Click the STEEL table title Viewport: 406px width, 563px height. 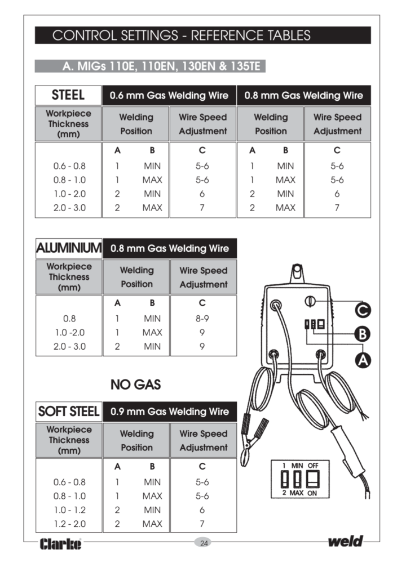point(68,95)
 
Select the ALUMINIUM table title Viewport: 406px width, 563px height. point(68,248)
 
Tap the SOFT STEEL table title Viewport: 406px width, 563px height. point(68,412)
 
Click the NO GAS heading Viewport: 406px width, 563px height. point(135,385)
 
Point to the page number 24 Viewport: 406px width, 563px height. point(204,543)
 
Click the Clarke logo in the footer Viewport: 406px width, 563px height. point(61,544)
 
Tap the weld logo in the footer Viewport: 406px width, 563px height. point(345,542)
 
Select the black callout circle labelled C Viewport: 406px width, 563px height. point(363,309)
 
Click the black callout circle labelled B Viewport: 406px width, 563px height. point(363,333)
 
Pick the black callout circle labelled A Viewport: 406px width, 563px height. point(363,359)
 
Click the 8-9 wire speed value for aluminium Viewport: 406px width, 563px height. point(202,318)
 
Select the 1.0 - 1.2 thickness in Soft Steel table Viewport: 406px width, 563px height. point(69,510)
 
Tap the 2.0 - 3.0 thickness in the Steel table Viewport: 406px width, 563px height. point(69,207)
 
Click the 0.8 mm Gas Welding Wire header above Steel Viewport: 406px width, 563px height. point(304,95)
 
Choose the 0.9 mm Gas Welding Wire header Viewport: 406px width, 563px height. point(170,412)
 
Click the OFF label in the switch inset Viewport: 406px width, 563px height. point(314,466)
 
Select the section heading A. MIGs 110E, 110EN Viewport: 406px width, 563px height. point(150,66)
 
